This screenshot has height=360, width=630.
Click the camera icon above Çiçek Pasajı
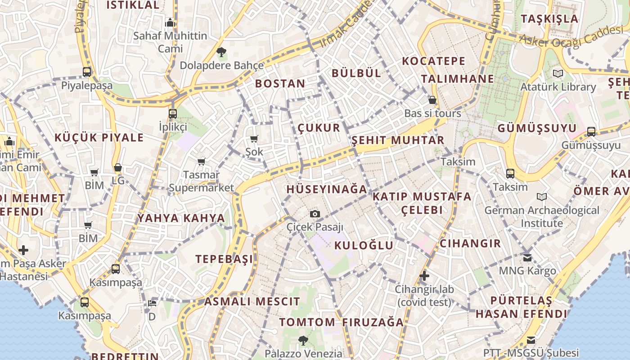(x=315, y=214)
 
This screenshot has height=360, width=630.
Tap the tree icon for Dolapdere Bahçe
(x=221, y=52)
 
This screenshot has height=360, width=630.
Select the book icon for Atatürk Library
(x=558, y=73)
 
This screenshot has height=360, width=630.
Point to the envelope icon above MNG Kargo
(x=527, y=258)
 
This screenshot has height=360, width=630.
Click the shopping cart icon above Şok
(x=254, y=139)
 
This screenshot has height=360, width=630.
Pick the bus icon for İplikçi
(x=173, y=113)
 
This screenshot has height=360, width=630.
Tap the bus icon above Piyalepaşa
(x=87, y=72)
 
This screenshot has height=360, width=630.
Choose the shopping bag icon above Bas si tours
(x=432, y=100)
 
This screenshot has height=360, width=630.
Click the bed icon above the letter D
(x=152, y=303)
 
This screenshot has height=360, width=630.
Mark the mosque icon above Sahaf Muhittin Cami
(x=170, y=22)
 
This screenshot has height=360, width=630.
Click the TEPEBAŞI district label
(x=224, y=259)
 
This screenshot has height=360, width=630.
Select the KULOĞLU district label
(x=364, y=245)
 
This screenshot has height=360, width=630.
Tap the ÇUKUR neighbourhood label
(x=319, y=128)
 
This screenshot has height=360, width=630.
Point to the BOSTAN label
(x=280, y=83)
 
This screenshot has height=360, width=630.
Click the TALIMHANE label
(x=457, y=79)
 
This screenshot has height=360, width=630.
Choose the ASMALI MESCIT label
(x=252, y=301)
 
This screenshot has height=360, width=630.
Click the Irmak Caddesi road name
(x=346, y=25)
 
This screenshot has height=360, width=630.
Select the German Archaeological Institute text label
(x=542, y=216)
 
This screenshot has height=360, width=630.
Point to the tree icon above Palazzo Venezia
(x=303, y=341)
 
